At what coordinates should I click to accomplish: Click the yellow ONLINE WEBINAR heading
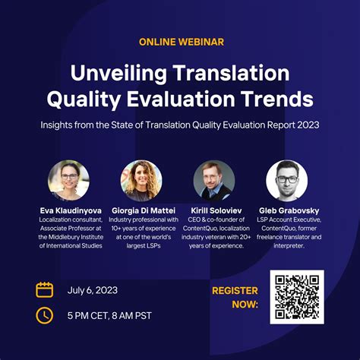pyautogui.click(x=182, y=42)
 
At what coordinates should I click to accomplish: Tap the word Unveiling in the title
pyautogui.click(x=118, y=74)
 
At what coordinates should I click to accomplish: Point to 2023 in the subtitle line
pyautogui.click(x=308, y=125)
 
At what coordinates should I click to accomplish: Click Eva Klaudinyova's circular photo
pyautogui.click(x=68, y=180)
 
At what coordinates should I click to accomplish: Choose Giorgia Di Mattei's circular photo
pyautogui.click(x=141, y=180)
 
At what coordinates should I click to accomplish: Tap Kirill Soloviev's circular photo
pyautogui.click(x=214, y=180)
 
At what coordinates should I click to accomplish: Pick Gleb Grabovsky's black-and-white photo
pyautogui.click(x=287, y=180)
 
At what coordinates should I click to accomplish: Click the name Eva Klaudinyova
pyautogui.click(x=71, y=210)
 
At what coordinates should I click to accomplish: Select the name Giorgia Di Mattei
pyautogui.click(x=144, y=210)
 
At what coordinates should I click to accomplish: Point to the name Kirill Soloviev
pyautogui.click(x=216, y=210)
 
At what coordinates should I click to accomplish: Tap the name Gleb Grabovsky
pyautogui.click(x=289, y=210)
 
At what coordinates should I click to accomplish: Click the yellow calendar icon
pyautogui.click(x=45, y=290)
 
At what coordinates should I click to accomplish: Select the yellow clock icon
pyautogui.click(x=45, y=315)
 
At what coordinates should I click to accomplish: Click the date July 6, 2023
pyautogui.click(x=93, y=290)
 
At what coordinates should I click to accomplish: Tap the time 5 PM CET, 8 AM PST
pyautogui.click(x=109, y=316)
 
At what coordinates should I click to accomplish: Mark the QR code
pyautogui.click(x=297, y=297)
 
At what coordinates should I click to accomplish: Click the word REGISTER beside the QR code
pyautogui.click(x=235, y=291)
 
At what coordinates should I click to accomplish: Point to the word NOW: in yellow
pyautogui.click(x=245, y=304)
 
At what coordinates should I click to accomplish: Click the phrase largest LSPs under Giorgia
pyautogui.click(x=144, y=246)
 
